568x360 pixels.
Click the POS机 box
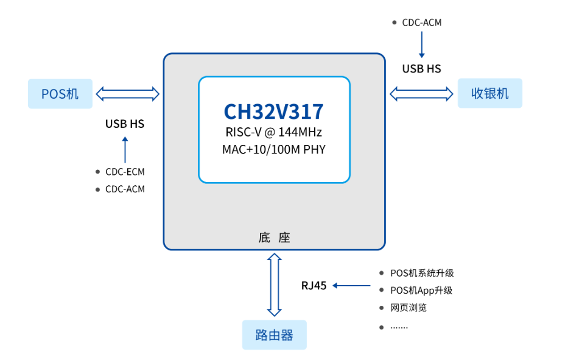60,94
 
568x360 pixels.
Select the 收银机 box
489,93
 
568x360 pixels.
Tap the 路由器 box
275,335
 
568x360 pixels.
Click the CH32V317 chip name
274,111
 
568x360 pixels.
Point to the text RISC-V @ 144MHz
274,132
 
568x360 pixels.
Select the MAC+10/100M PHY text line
274,149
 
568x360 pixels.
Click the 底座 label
274,238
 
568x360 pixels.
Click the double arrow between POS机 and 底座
128,94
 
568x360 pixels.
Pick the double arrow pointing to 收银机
421,93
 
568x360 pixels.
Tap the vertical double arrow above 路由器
275,284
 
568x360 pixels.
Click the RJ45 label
314,286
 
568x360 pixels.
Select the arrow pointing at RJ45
352,286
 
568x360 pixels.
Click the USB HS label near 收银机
421,69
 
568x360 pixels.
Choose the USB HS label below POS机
125,124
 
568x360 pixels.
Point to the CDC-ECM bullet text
125,172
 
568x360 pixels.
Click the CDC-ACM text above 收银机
421,23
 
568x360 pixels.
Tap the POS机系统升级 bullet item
422,274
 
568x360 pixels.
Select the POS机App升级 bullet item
421,291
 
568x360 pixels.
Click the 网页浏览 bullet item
408,308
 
